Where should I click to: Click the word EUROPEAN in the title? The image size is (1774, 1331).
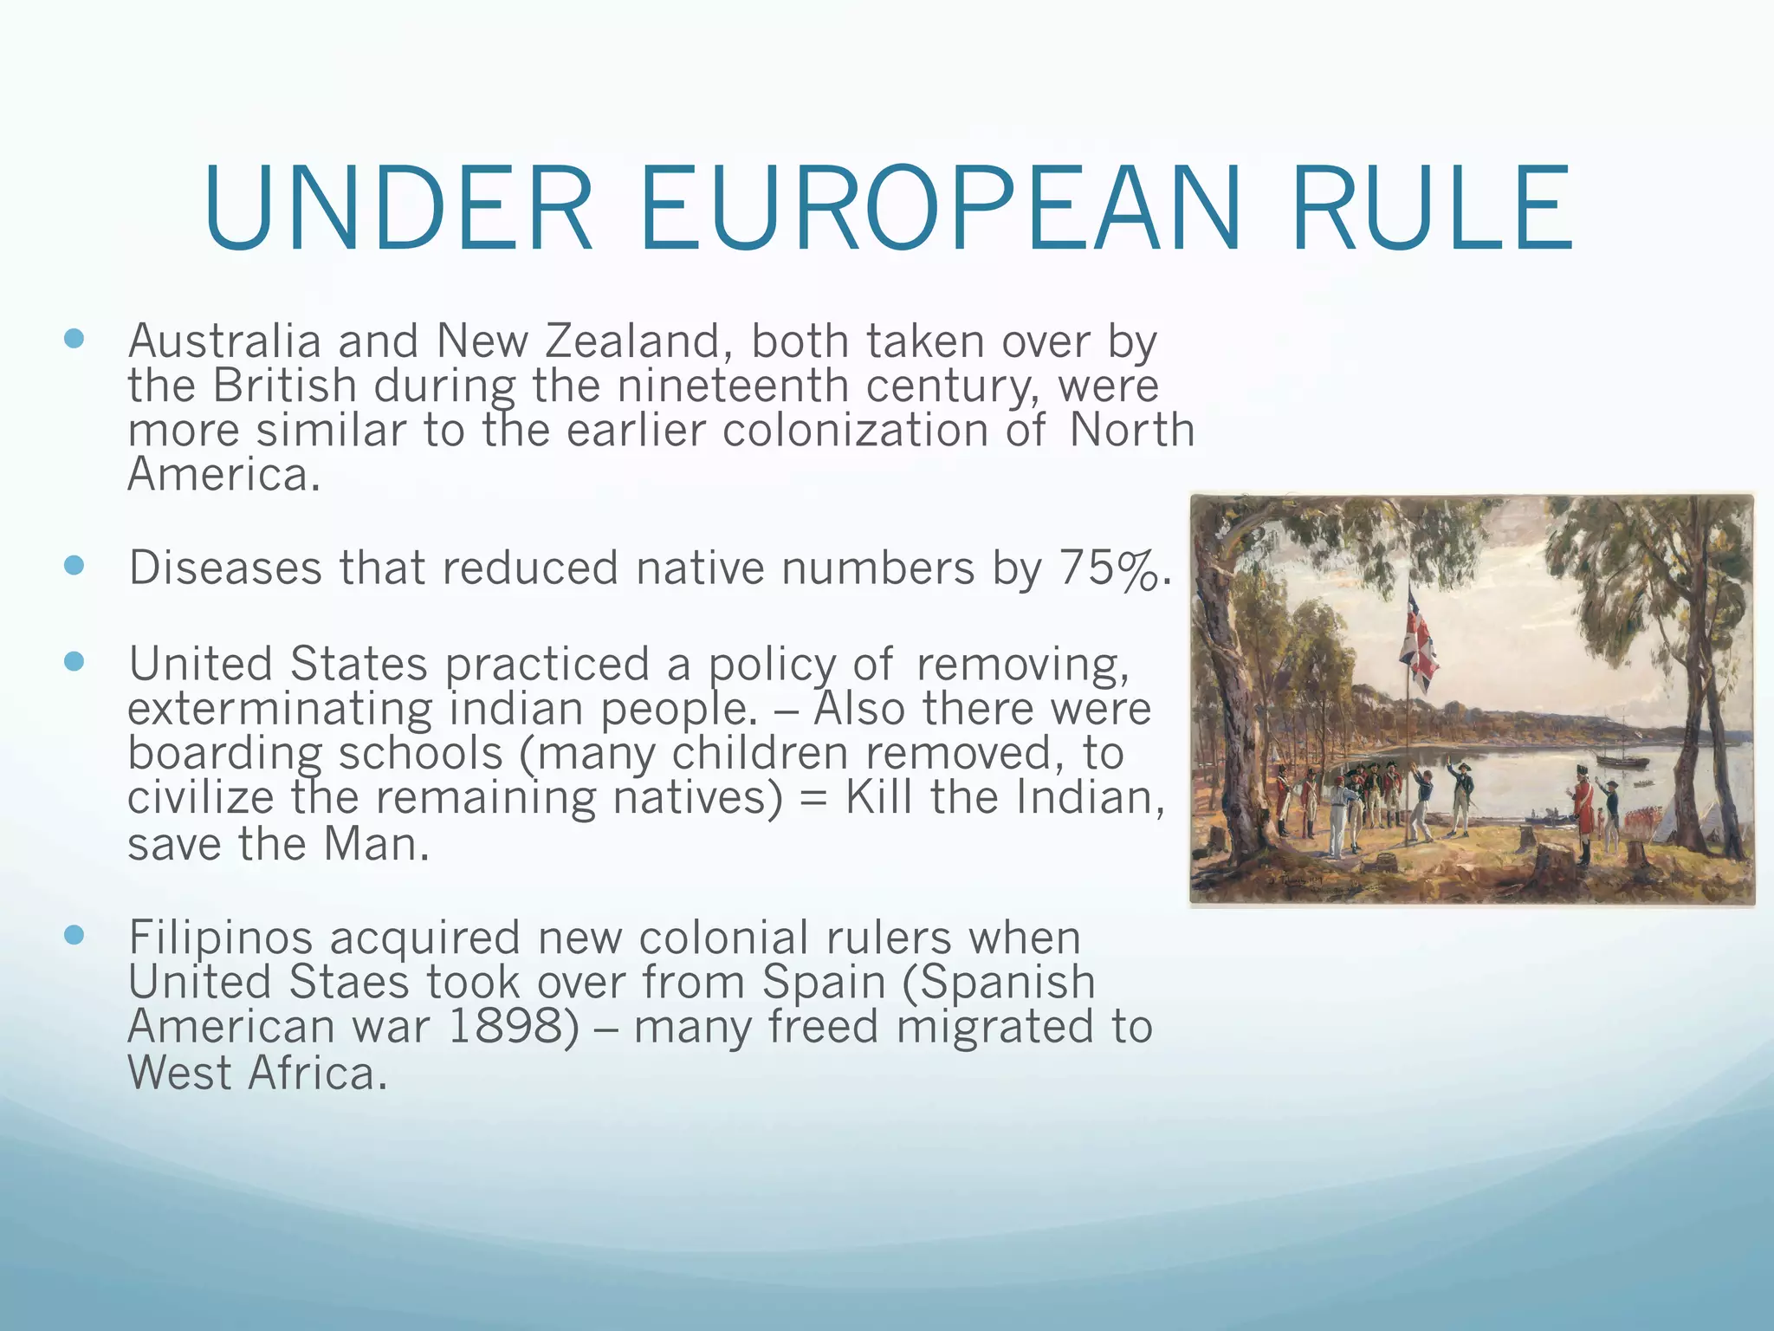point(939,211)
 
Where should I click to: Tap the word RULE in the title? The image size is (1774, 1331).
point(1430,211)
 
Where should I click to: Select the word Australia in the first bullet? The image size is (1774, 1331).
point(224,341)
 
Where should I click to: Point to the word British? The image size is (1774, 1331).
point(285,386)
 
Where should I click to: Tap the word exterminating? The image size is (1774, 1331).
point(280,710)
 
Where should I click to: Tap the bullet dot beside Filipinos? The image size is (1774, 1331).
point(74,935)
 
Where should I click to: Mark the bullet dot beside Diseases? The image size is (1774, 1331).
point(74,566)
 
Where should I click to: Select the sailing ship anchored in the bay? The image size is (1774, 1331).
point(1622,757)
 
